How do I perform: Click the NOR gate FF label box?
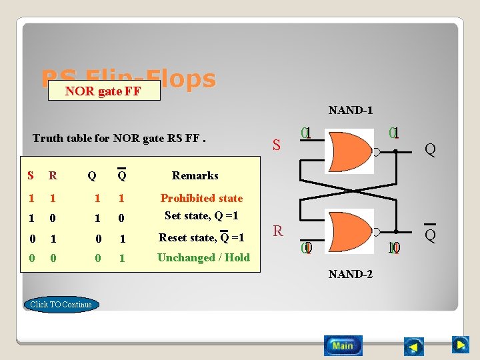103,91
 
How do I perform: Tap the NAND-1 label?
350,110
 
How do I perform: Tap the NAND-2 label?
350,274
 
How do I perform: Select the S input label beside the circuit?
277,144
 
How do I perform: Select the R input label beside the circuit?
278,231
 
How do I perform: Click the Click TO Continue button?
61,305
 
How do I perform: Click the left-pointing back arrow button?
414,347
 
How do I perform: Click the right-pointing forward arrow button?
460,345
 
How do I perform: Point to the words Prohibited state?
201,198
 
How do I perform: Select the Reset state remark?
201,237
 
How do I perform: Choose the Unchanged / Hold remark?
203,257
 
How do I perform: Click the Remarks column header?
195,175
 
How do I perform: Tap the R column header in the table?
52,176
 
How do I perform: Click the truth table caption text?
119,139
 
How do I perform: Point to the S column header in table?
30,176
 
